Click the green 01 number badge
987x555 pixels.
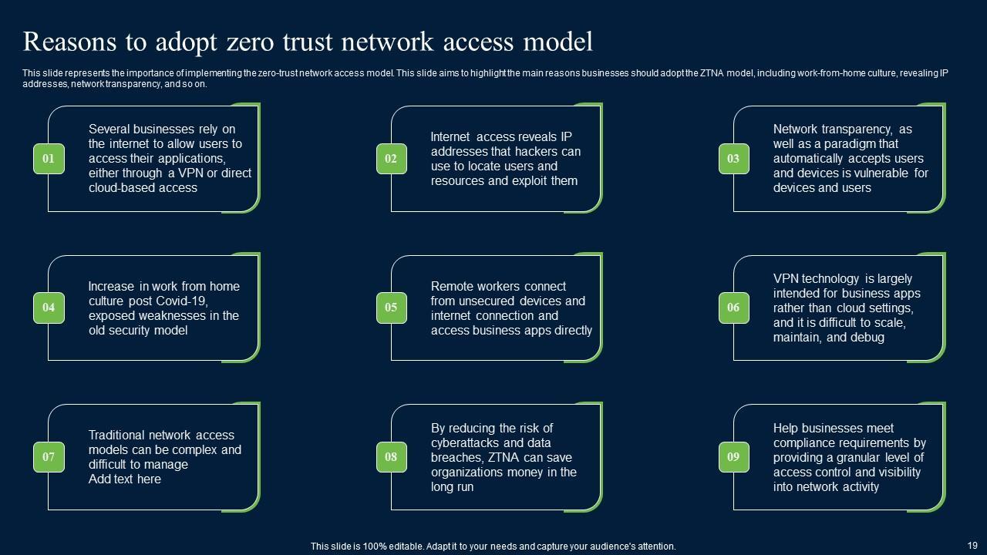(x=49, y=159)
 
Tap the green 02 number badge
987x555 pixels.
(x=391, y=159)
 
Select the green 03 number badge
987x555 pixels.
(x=733, y=159)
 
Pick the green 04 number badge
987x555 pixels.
(x=49, y=308)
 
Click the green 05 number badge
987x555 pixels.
(x=391, y=308)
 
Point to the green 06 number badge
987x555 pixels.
(x=733, y=308)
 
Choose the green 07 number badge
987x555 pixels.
(x=49, y=457)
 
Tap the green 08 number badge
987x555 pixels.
(x=391, y=457)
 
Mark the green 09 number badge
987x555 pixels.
(x=733, y=457)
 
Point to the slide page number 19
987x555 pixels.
(x=972, y=543)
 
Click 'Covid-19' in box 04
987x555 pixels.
(x=184, y=301)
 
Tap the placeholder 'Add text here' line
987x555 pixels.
(x=125, y=479)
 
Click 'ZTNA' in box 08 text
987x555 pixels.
(x=507, y=457)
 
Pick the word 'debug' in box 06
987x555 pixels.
(x=866, y=337)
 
